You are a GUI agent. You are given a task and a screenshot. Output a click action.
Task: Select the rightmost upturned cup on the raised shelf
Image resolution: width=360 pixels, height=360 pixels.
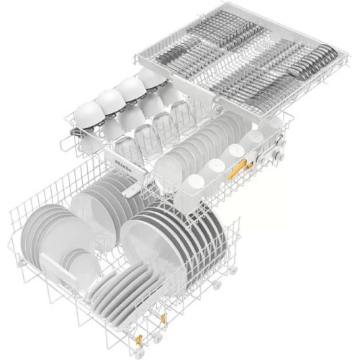153,79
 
